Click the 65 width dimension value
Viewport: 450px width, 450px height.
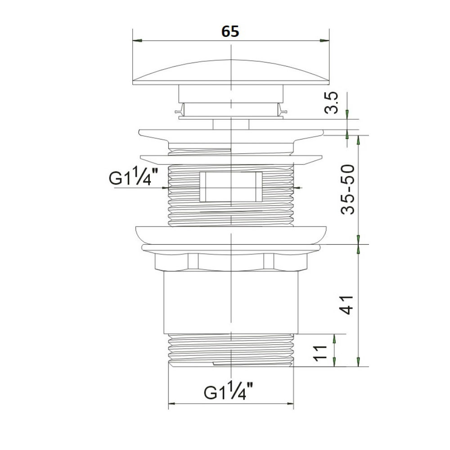pos(230,31)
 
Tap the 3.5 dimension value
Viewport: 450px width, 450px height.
pos(333,103)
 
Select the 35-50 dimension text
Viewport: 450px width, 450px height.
pos(348,189)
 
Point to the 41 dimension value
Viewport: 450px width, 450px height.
pos(346,305)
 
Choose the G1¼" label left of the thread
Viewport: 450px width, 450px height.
pos(134,177)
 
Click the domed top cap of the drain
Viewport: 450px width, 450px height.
pos(231,72)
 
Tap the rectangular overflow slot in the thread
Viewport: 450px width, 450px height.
pos(231,187)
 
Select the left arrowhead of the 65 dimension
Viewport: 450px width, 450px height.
pos(137,40)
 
